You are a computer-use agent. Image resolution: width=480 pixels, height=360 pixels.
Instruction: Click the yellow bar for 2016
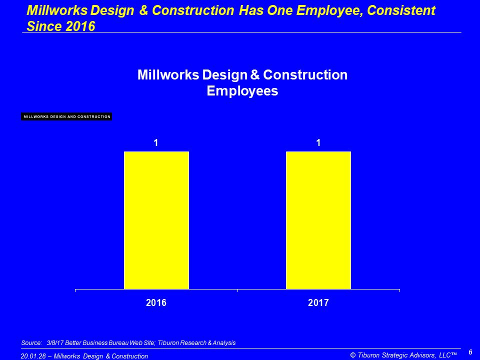click(156, 220)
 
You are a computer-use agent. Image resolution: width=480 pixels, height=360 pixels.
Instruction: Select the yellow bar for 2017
click(318, 220)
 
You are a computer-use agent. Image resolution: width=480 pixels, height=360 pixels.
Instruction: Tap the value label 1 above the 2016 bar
click(156, 142)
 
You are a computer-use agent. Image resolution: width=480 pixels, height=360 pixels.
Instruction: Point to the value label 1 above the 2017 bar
click(318, 142)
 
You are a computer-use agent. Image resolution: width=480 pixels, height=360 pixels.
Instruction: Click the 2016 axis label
click(156, 303)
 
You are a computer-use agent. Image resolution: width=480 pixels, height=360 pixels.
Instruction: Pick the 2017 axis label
click(318, 303)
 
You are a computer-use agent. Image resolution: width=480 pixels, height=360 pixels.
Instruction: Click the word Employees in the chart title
click(242, 91)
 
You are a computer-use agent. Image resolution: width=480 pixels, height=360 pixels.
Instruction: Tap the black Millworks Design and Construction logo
click(66, 116)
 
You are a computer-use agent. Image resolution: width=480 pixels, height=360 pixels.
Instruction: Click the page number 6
click(470, 352)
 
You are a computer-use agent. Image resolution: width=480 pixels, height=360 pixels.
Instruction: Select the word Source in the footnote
click(31, 343)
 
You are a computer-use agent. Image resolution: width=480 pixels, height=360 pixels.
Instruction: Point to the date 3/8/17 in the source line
click(55, 343)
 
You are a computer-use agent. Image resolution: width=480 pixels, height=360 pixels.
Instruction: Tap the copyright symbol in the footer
click(353, 355)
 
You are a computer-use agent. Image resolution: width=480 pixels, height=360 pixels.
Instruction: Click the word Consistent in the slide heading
click(401, 10)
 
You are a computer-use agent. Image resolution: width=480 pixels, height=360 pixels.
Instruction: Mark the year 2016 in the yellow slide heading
click(80, 26)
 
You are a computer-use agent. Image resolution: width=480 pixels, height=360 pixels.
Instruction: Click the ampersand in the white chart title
click(255, 75)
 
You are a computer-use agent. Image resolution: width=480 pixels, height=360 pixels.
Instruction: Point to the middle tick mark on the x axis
click(238, 290)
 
